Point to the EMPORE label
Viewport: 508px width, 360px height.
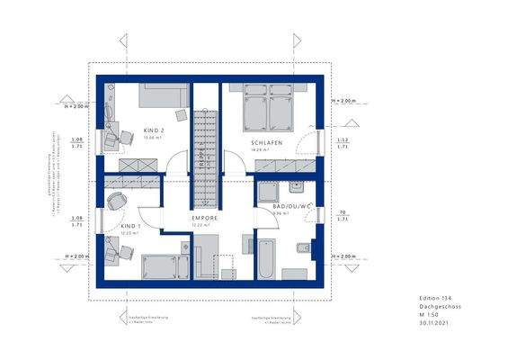click(205, 217)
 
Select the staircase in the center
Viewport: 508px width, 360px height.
click(204, 153)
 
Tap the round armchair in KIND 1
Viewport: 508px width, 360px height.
click(116, 202)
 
